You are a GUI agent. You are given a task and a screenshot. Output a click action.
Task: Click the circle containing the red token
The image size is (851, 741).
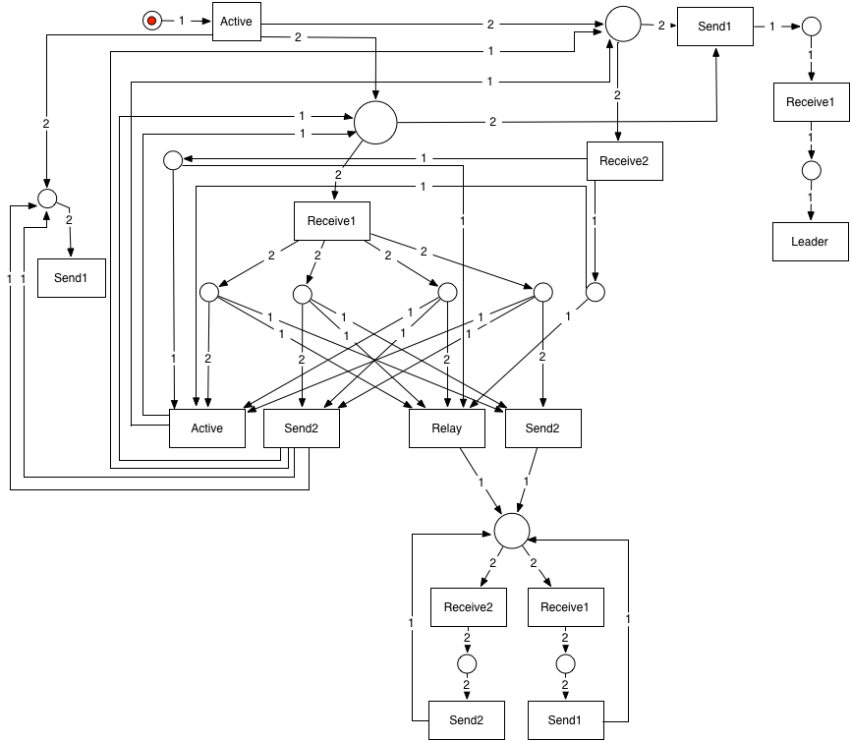pos(151,21)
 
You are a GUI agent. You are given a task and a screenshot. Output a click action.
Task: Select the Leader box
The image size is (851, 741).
pos(810,242)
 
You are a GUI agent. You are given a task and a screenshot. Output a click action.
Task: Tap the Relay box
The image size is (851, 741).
pos(447,428)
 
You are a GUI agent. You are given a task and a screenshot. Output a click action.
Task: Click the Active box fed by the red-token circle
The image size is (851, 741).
pos(237,22)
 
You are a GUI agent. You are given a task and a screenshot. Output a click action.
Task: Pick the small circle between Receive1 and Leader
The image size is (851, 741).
pos(811,171)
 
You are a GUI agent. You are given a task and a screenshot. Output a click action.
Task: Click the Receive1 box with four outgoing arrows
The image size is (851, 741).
pos(331,221)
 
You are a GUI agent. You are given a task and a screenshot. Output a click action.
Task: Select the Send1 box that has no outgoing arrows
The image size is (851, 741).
pos(72,278)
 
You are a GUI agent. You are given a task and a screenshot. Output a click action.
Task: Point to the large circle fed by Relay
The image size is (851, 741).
pos(512,531)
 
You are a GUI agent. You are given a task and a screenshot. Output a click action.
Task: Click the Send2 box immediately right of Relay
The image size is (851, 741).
pos(542,428)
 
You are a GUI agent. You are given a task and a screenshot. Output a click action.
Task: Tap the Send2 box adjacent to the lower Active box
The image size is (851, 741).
pos(302,428)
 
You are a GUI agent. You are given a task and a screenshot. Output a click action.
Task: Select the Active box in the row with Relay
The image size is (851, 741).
pos(206,428)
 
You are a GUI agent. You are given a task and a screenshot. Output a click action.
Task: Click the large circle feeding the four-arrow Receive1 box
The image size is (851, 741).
pos(374,123)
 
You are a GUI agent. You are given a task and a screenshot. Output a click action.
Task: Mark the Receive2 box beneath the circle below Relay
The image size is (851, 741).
pos(468,607)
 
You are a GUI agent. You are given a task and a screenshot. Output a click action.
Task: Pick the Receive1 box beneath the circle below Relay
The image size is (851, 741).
pos(565,607)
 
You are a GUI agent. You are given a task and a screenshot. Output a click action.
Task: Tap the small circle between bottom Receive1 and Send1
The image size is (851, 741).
pos(565,662)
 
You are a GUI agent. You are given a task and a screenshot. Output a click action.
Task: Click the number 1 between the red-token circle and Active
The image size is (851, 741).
pos(182,21)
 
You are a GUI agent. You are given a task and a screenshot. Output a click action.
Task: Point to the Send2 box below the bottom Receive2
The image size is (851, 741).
pos(467,720)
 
